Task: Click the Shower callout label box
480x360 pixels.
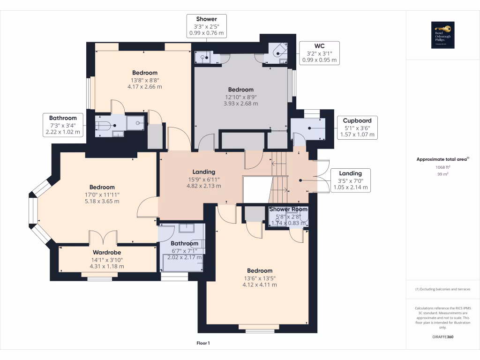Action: coord(207,26)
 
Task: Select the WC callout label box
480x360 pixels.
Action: coord(320,53)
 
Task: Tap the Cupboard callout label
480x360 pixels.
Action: coord(357,127)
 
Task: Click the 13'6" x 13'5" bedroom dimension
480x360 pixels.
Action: coord(260,277)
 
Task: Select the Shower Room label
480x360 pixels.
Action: coord(288,209)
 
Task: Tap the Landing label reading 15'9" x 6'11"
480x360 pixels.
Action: coord(204,179)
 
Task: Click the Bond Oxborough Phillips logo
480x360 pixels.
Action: coord(443,35)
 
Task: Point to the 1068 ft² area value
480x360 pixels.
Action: coord(443,167)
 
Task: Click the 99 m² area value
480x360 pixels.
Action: coord(443,174)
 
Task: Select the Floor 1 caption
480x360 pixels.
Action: coord(203,343)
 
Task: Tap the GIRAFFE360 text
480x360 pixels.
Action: coord(442,337)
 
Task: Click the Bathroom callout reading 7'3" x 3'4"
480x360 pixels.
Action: coord(63,125)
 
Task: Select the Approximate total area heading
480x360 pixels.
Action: coord(442,159)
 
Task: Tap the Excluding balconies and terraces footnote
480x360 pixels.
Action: coord(442,289)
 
